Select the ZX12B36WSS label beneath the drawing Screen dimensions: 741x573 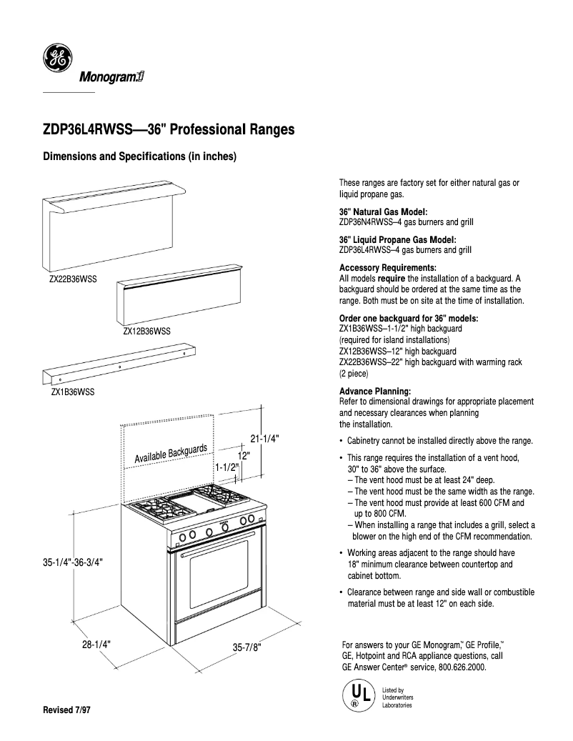point(146,332)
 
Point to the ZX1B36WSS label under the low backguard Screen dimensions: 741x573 point(73,392)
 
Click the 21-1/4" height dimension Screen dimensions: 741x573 point(264,439)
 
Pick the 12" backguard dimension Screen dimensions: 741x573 point(243,454)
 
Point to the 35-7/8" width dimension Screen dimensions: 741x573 point(247,647)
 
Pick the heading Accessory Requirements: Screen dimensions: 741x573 point(387,268)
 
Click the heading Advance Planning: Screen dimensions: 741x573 point(375,392)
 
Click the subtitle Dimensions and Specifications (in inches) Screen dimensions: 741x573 point(140,156)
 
